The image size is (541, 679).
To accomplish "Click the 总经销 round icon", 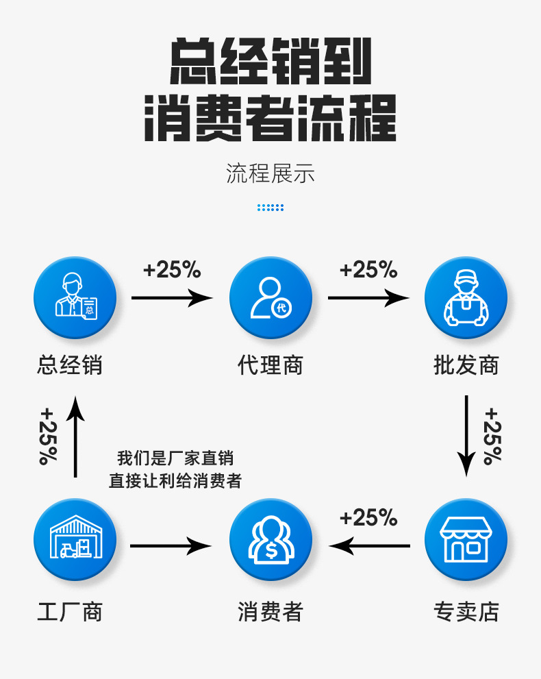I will (x=75, y=298).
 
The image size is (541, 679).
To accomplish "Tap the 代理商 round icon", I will (x=270, y=298).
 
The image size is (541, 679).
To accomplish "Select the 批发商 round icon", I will (x=466, y=298).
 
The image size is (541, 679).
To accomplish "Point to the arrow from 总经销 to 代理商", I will (x=172, y=298).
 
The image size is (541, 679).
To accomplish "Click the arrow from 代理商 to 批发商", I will (x=368, y=298).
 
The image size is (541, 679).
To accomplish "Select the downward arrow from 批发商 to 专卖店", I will (x=466, y=435).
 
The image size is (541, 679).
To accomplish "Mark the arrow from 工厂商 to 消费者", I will (x=171, y=546).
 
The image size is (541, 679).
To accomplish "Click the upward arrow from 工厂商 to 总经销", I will (x=76, y=436).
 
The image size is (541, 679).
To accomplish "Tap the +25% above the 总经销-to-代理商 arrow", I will (x=172, y=270).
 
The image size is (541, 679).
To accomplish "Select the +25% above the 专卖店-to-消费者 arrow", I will (x=368, y=518).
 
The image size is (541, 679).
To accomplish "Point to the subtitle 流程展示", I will (x=270, y=174).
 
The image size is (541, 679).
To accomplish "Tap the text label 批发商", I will (x=466, y=365).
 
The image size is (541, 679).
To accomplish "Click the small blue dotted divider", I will (x=270, y=207).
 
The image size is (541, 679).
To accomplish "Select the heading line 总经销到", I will (x=270, y=62).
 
